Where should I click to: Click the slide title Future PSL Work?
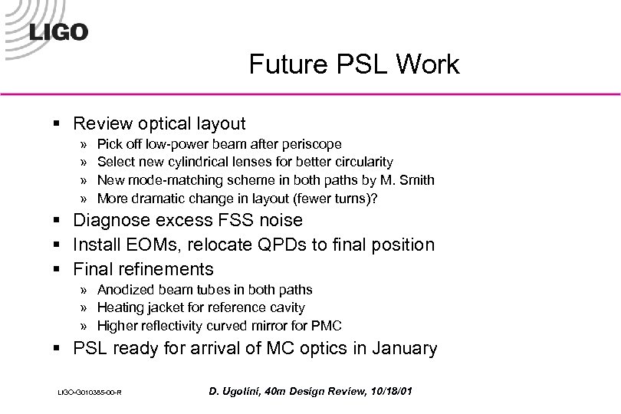[x=353, y=64]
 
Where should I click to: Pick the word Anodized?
[x=127, y=289]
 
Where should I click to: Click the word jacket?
[x=166, y=307]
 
